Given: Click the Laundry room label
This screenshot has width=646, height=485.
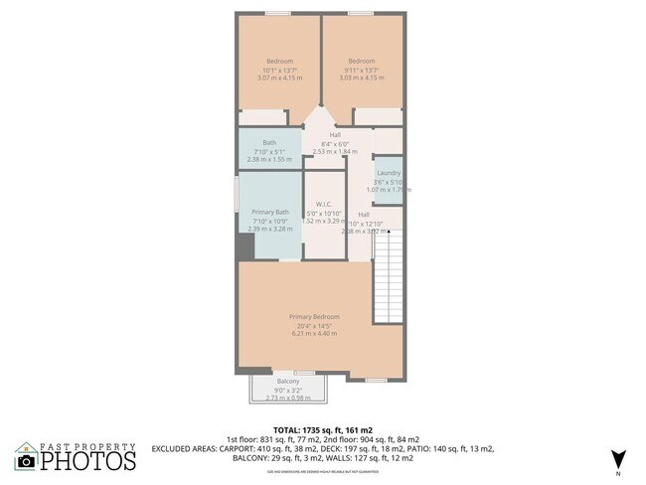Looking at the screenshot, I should (x=388, y=172).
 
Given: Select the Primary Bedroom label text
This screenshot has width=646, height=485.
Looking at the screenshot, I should (x=314, y=317).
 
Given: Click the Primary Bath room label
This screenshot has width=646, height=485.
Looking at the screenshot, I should (x=269, y=212).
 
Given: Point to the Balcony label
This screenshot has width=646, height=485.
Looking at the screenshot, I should (x=288, y=382).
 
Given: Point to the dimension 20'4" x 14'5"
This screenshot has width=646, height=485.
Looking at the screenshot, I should (x=314, y=326).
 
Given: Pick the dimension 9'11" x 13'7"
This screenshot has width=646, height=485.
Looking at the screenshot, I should (x=361, y=70).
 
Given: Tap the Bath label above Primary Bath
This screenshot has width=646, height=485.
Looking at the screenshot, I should (x=269, y=142).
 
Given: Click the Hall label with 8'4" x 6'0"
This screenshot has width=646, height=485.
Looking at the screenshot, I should (x=335, y=135).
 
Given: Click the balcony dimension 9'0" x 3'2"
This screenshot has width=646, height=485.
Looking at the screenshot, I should (x=288, y=391).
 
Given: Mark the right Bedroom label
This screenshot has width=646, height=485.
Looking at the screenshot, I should (x=361, y=61).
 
